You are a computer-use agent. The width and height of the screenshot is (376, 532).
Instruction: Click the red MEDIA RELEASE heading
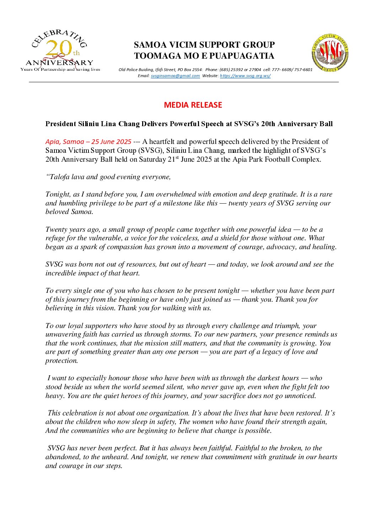[193, 105]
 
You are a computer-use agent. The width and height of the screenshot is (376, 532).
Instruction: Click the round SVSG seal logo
[330, 53]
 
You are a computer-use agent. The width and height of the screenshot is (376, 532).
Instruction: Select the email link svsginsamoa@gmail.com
[175, 76]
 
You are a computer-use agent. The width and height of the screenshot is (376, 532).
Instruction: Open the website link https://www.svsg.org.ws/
[245, 76]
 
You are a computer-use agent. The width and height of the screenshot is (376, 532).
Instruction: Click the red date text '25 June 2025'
[111, 141]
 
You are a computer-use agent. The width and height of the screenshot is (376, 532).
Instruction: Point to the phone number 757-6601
[303, 70]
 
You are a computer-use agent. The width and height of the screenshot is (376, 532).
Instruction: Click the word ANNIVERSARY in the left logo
[59, 63]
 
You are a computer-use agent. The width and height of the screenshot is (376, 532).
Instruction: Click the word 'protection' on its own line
[61, 360]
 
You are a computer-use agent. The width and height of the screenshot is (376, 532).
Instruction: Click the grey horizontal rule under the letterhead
[184, 82]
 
